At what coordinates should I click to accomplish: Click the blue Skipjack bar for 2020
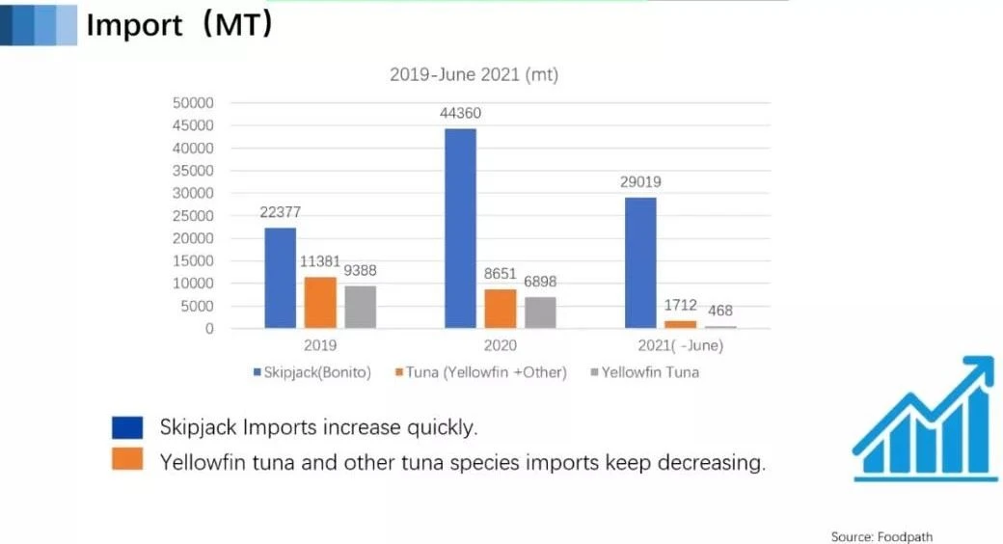point(461,229)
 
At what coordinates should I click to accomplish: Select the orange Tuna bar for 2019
point(320,303)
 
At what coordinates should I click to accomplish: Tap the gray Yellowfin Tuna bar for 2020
point(540,313)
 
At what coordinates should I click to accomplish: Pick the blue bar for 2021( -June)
point(640,263)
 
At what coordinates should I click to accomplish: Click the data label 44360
point(461,113)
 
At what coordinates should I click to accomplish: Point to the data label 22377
point(281,212)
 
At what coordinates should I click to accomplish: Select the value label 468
point(720,311)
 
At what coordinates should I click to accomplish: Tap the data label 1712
point(680,306)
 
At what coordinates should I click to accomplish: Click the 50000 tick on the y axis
point(193,103)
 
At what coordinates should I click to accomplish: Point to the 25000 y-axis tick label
point(193,216)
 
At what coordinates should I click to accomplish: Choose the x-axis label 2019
point(320,345)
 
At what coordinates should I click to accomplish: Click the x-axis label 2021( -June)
point(681,345)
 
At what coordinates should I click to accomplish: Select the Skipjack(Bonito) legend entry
point(312,372)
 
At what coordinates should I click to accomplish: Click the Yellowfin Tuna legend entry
point(645,372)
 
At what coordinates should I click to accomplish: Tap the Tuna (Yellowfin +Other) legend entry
point(481,372)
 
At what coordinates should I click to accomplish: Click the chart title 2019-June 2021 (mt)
point(474,75)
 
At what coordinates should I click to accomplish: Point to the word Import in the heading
point(134,26)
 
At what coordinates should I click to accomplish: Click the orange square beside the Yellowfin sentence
point(127,459)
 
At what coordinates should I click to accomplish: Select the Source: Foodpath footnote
point(881,536)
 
